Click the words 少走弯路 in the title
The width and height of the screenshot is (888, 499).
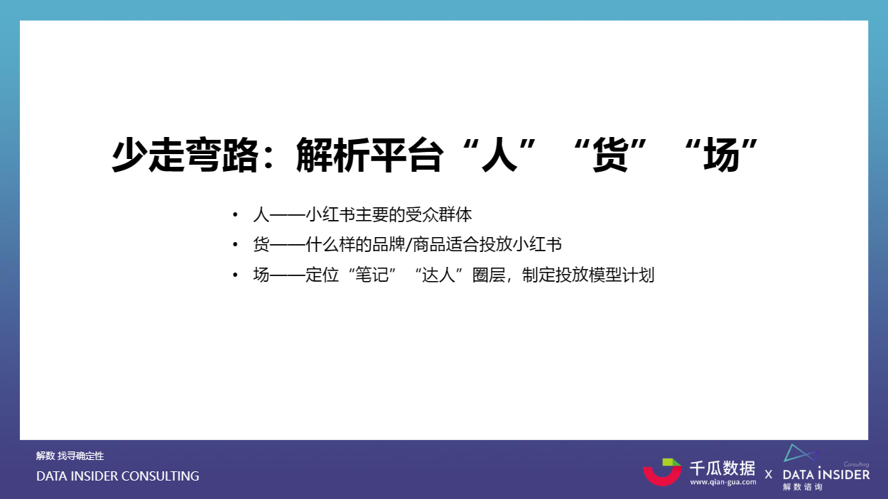pos(185,155)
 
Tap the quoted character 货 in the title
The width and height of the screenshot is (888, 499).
pos(610,155)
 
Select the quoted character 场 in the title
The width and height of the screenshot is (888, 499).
pos(721,155)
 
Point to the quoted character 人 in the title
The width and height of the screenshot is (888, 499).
pos(499,155)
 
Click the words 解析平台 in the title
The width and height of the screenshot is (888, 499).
pos(369,155)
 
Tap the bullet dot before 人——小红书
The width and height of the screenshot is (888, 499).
pos(235,214)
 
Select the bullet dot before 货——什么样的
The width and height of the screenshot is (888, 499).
pos(235,245)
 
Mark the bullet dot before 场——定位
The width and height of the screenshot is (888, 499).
pos(235,275)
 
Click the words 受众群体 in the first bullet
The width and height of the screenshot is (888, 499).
pos(438,214)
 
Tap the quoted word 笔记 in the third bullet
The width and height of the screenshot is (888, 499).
pos(372,275)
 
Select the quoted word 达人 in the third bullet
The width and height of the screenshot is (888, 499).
pos(438,275)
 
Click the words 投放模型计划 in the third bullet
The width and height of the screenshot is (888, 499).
pos(605,275)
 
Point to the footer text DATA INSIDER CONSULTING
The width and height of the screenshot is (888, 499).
pos(118,476)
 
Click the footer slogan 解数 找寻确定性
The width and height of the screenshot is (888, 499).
pos(70,456)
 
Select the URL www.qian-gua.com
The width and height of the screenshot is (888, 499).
pos(723,482)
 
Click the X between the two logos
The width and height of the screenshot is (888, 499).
pos(768,474)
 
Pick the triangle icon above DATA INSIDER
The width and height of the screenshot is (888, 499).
pos(801,453)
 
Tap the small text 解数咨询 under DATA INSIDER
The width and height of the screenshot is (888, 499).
pos(803,487)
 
